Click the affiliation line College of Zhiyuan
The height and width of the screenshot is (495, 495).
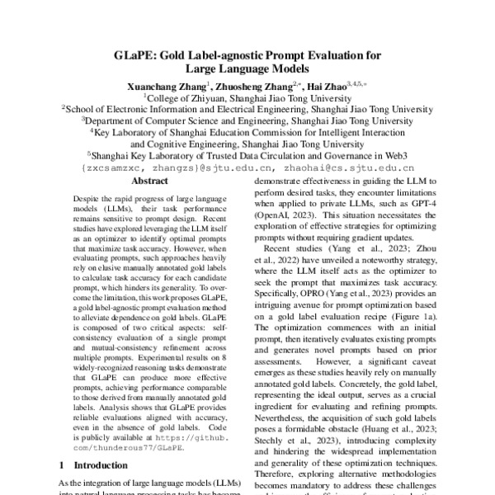247,96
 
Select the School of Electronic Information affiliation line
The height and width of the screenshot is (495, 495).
247,107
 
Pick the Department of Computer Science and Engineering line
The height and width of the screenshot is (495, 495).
247,119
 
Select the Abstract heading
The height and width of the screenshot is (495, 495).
149,181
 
